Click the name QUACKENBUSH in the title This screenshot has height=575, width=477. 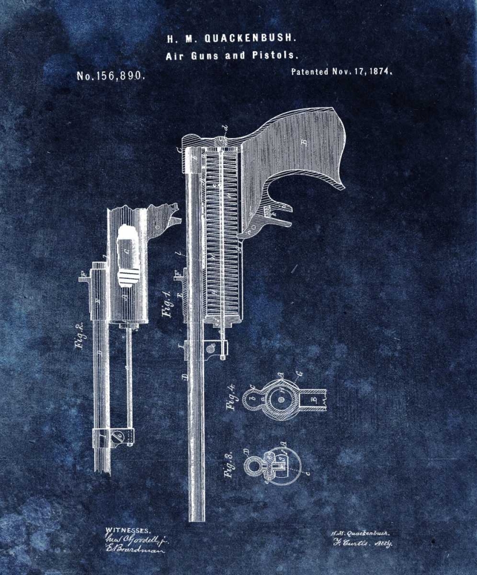pyautogui.click(x=251, y=39)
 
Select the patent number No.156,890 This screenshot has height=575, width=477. pyautogui.click(x=110, y=76)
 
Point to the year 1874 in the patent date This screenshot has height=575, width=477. pyautogui.click(x=378, y=72)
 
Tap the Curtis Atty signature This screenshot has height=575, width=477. pyautogui.click(x=361, y=543)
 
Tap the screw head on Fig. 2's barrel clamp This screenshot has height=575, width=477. pyautogui.click(x=119, y=438)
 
